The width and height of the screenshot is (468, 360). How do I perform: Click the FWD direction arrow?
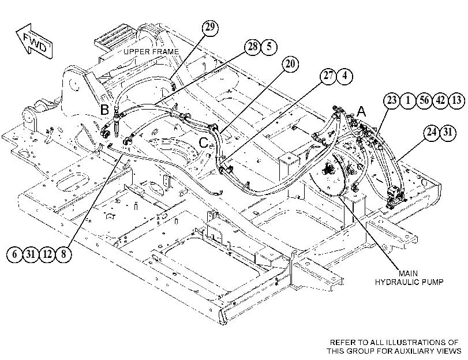34,42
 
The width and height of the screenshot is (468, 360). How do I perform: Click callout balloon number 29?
210,27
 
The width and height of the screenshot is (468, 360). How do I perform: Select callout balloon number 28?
253,47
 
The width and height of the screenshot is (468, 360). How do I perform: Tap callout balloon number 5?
269,47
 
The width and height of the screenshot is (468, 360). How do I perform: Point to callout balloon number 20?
290,64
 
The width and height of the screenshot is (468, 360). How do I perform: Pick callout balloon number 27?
328,76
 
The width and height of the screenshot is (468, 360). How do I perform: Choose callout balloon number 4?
345,76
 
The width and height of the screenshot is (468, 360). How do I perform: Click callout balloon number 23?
392,100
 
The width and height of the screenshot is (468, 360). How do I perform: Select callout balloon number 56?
424,100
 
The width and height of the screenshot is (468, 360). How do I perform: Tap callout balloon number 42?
440,100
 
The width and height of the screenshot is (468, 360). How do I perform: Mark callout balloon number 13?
457,100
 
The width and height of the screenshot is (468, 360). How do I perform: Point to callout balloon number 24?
432,132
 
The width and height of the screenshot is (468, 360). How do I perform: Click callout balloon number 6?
14,254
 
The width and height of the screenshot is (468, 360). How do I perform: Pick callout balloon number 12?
47,254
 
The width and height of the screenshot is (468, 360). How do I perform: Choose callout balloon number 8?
63,254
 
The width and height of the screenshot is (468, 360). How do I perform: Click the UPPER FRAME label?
151,52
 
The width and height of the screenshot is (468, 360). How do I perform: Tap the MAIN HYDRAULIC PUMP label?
409,277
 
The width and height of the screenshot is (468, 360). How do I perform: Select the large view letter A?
361,112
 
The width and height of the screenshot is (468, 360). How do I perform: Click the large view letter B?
104,110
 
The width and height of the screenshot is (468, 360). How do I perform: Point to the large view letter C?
204,142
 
